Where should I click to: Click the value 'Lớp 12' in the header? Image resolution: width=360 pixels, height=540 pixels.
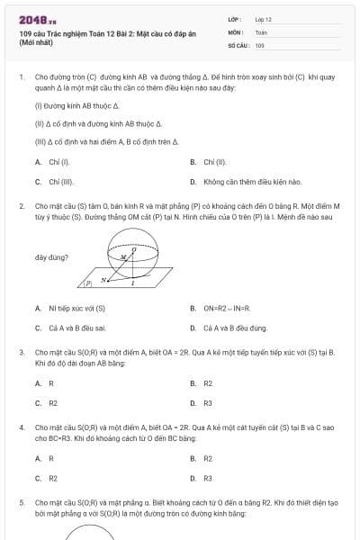coord(264,19)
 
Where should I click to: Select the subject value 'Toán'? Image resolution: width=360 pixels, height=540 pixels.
coord(261,31)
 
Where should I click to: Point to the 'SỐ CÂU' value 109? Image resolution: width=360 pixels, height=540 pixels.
coord(259,44)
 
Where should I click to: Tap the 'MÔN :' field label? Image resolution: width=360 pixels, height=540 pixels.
coord(237,31)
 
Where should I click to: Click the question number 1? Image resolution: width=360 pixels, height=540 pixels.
coord(21,77)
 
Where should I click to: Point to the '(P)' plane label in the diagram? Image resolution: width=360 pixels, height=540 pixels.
coord(87,283)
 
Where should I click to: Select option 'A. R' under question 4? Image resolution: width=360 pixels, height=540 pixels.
coord(44,458)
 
